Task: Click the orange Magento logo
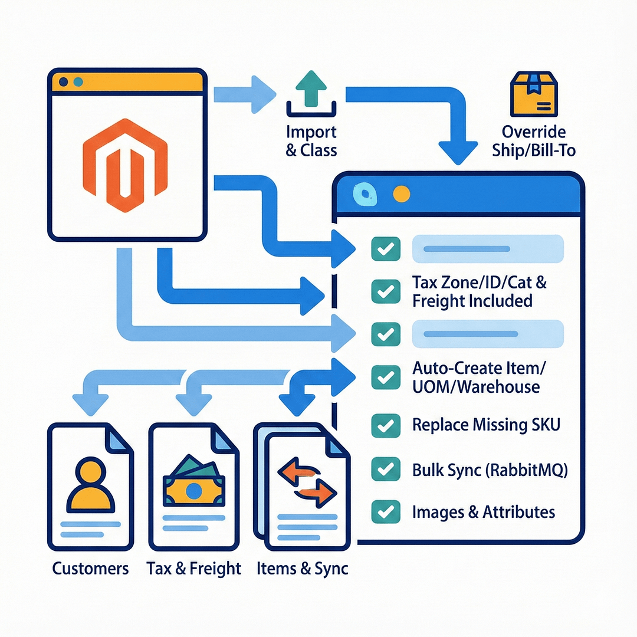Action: coord(125,157)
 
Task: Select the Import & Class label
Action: coord(311,141)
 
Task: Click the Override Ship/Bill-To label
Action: coord(534,141)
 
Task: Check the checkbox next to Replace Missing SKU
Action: coord(386,425)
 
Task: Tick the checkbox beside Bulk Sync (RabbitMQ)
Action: coord(386,469)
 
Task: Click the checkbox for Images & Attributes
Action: coord(386,511)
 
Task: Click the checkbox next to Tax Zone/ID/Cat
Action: coord(386,291)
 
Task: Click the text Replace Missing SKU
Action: coord(486,425)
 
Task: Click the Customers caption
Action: coord(90,569)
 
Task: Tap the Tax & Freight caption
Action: coord(193,569)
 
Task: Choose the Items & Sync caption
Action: coord(303,569)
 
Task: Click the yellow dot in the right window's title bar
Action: coord(400,193)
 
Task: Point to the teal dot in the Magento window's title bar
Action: coord(78,82)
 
